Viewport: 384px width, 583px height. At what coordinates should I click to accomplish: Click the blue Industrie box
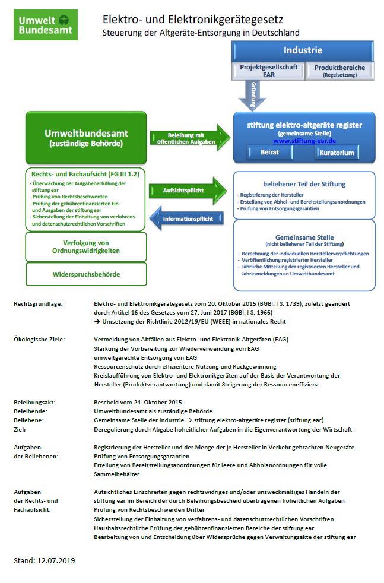[x=303, y=50]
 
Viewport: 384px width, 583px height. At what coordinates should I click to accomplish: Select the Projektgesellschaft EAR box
[x=268, y=71]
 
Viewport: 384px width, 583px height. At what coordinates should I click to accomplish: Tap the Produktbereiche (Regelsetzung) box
[x=339, y=71]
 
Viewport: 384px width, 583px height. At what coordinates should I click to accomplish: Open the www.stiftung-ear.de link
[x=304, y=141]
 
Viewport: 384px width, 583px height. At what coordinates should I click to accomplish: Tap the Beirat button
[x=269, y=153]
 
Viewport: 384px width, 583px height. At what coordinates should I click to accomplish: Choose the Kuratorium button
[x=336, y=153]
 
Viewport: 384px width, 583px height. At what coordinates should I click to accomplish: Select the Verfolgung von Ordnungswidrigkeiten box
[x=85, y=247]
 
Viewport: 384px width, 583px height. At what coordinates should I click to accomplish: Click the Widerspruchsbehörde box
[x=85, y=275]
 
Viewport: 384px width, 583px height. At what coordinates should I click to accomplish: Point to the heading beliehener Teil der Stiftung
[x=304, y=184]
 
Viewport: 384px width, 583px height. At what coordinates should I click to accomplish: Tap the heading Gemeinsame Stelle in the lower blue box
[x=304, y=237]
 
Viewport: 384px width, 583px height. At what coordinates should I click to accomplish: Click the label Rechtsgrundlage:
[x=38, y=303]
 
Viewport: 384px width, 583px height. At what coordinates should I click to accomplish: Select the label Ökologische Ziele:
[x=39, y=339]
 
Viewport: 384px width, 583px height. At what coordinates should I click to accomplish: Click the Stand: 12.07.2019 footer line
[x=45, y=560]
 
